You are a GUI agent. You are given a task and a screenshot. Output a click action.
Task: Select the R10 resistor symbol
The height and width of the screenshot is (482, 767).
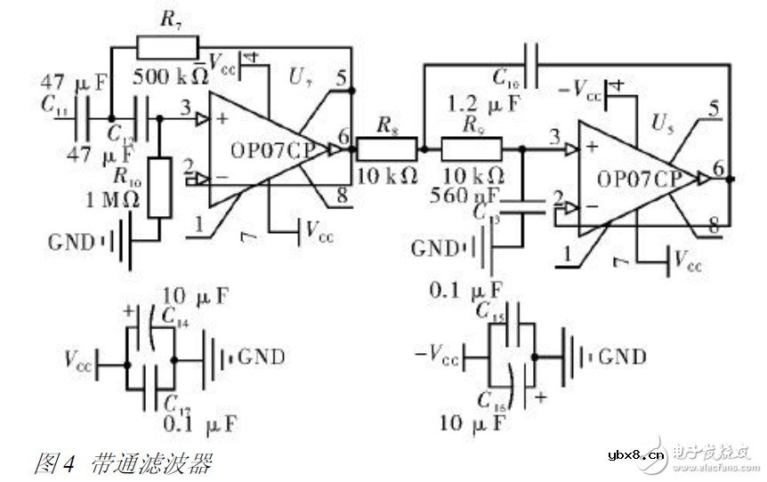[160, 188]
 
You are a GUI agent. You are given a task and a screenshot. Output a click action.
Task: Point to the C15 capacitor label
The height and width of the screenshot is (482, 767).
[491, 310]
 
